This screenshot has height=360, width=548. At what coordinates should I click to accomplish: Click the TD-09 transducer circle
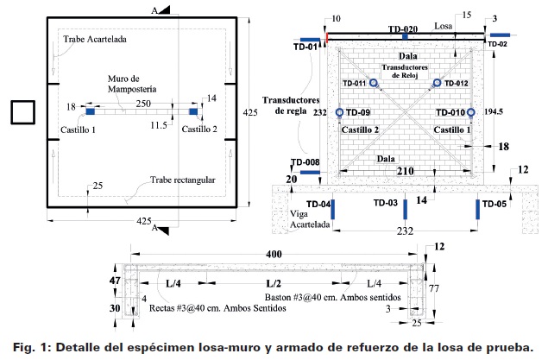click(339, 112)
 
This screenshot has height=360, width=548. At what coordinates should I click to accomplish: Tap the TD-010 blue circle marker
click(471, 112)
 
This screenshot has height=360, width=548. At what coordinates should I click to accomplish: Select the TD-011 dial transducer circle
click(374, 83)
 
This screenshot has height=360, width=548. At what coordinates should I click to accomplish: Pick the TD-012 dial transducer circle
click(437, 83)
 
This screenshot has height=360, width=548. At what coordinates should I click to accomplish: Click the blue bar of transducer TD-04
click(333, 210)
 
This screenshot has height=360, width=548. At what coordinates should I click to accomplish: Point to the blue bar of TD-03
click(406, 210)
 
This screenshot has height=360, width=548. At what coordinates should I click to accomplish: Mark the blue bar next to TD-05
click(478, 210)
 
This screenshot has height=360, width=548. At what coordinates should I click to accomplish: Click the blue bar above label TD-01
click(311, 40)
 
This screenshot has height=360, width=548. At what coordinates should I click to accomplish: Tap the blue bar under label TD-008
click(311, 173)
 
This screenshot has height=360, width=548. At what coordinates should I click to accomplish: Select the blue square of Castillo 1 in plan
click(91, 111)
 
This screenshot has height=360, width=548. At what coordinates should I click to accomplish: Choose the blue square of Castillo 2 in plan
click(193, 111)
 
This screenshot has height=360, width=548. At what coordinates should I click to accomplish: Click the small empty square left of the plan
click(23, 112)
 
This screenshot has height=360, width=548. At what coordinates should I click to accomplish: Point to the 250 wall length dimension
click(143, 104)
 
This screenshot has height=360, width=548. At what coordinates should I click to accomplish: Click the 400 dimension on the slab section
click(274, 254)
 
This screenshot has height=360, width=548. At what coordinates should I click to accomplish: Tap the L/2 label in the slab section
click(274, 283)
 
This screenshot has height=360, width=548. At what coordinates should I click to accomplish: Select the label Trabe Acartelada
click(95, 39)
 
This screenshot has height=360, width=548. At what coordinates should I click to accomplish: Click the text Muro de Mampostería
click(132, 84)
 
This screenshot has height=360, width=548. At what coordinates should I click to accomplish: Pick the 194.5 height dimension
click(494, 112)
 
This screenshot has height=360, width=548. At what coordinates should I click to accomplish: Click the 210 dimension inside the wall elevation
click(405, 171)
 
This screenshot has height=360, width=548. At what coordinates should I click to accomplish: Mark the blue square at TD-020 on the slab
click(405, 36)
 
